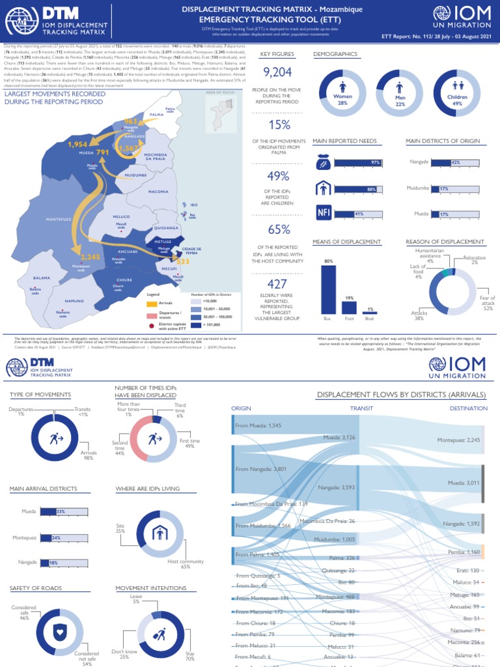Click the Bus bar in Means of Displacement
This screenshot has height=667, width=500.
328,290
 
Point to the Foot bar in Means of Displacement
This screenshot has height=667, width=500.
349,307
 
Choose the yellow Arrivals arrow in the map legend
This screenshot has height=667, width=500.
152,304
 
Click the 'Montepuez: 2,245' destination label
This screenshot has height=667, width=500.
458,440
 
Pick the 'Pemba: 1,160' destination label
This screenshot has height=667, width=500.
464,552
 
